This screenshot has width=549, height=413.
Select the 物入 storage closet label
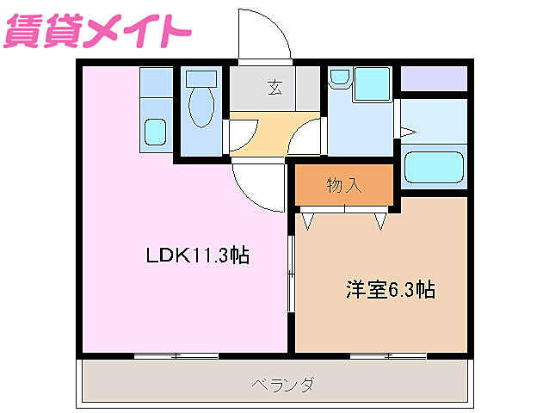tap(344, 184)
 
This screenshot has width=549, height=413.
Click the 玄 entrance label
tap(274, 86)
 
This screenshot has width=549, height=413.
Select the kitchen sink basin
tap(155, 132)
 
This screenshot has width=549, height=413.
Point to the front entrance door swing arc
tap(268, 39)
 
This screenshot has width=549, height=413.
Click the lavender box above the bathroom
tap(434, 78)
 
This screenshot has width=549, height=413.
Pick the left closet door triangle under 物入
tap(306, 220)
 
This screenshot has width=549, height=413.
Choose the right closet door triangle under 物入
tap(380, 220)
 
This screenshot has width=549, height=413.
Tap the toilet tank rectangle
tap(201, 76)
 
